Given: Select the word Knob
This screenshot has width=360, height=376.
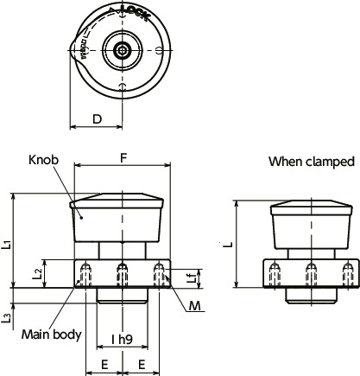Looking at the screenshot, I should click(42, 161).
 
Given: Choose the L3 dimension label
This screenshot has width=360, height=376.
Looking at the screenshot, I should click(8, 316).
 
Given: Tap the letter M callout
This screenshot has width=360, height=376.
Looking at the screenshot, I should click(196, 306).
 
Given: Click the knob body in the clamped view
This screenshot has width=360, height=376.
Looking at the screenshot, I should click(311, 232).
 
